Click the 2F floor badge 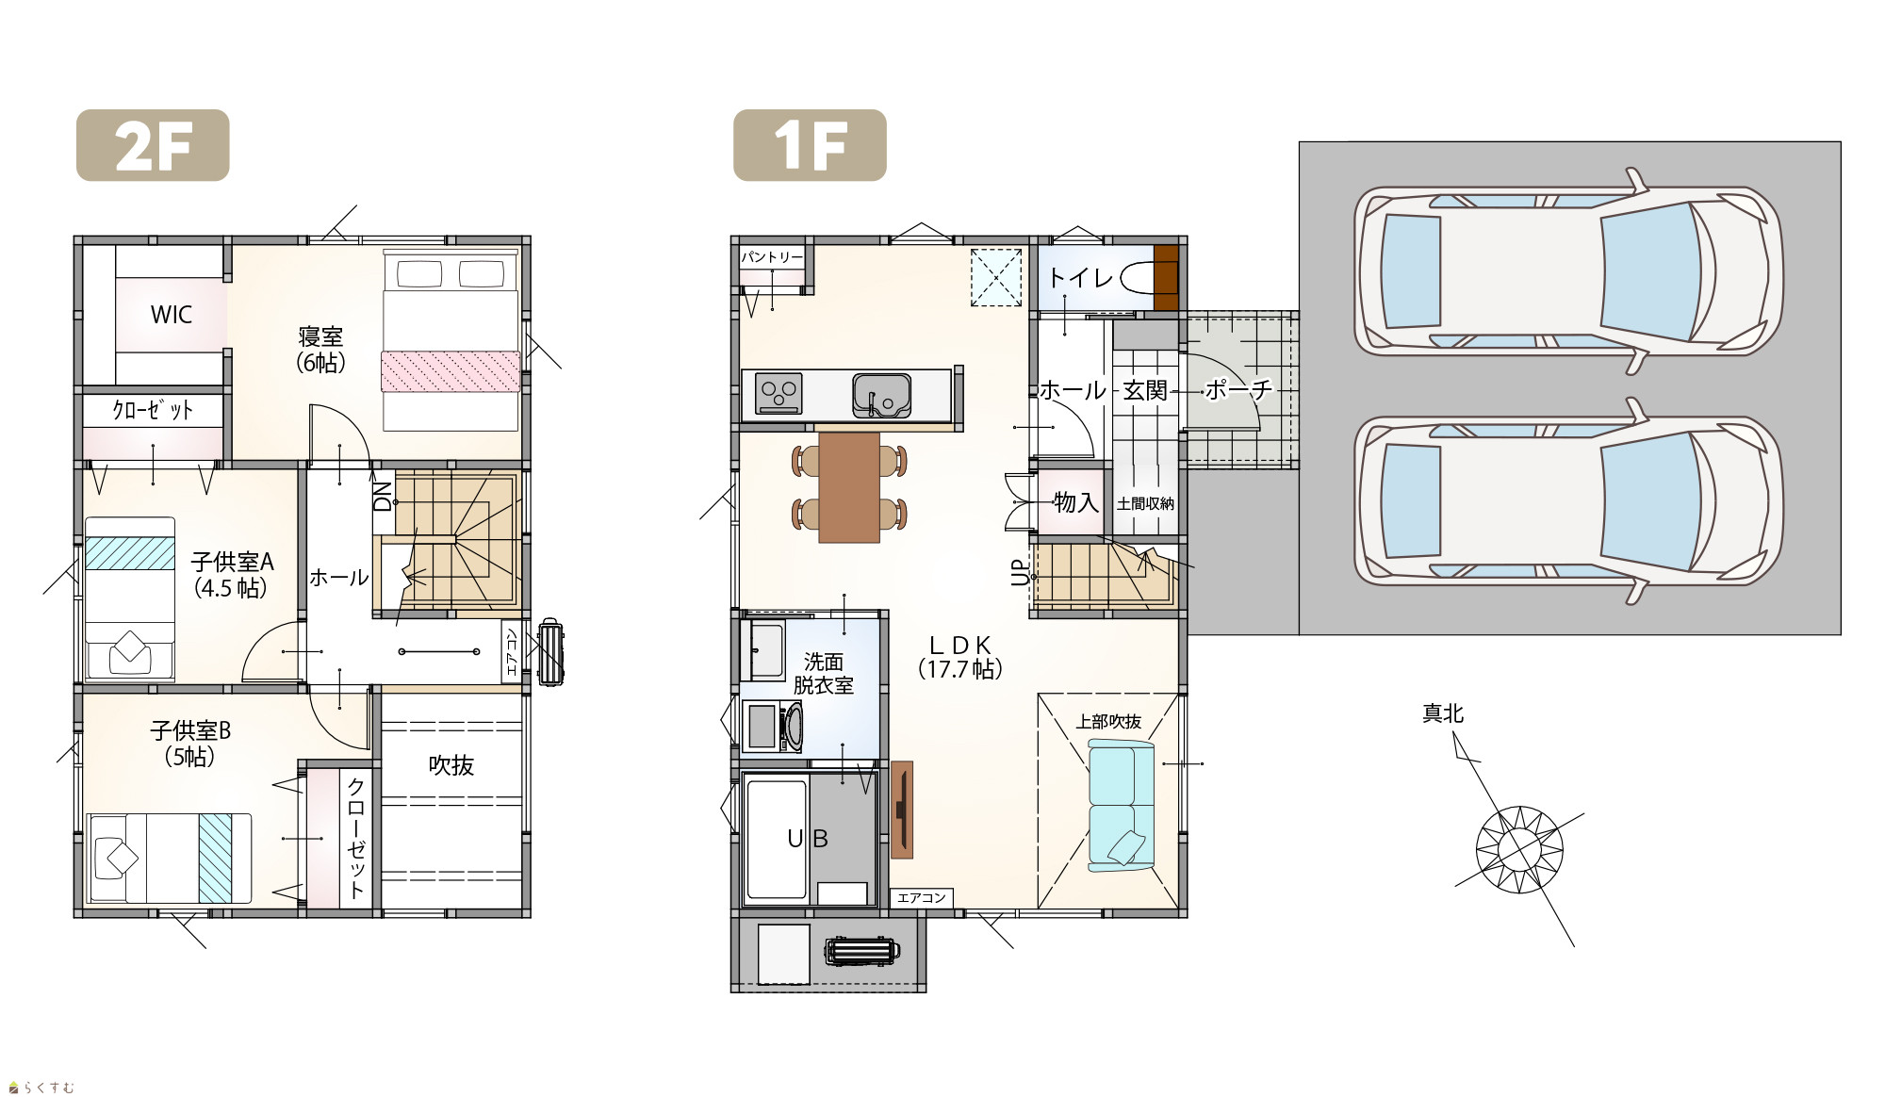[153, 145]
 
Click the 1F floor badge [810, 145]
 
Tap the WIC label [172, 315]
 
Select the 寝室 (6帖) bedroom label [320, 350]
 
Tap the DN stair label [383, 497]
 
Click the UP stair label [1020, 573]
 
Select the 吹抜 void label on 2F [451, 765]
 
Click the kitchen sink [882, 396]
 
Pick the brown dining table [849, 487]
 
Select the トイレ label [1082, 278]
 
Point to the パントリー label [772, 257]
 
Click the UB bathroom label [808, 839]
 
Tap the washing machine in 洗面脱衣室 [774, 727]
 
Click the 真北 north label [1443, 714]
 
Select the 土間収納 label [1146, 504]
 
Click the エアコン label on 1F [922, 898]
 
